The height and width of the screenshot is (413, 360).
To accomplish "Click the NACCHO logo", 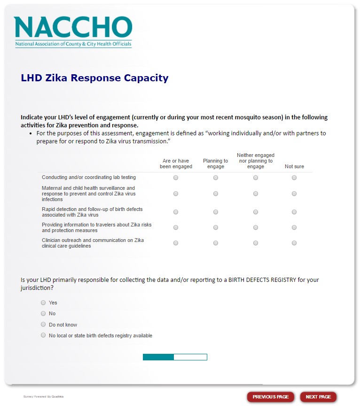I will coord(73,31).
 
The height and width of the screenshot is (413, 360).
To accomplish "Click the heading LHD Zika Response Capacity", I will coord(94,78).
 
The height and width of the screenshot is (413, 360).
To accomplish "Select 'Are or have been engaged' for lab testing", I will coord(176,178).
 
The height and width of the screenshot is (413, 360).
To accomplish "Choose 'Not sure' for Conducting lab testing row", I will coord(294,178).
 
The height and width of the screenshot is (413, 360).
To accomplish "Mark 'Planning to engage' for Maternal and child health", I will coord(216,194).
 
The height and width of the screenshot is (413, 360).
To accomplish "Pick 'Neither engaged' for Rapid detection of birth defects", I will coord(256,212).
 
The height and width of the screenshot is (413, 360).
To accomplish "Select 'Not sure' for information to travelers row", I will coord(294,227).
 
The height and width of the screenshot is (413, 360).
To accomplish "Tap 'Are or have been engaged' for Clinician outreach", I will coord(176,243).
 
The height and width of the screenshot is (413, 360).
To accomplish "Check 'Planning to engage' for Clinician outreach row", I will coord(216,243).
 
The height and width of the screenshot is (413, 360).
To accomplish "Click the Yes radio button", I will coord(43,303).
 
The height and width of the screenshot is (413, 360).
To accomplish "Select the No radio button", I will coord(43,313).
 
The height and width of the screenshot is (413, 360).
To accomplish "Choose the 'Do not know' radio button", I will coord(43,325).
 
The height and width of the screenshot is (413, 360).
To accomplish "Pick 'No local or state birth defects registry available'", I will coord(43,335).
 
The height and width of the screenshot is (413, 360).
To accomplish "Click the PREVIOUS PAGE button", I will coord(271,397).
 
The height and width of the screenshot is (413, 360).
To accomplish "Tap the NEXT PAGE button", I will coord(318,397).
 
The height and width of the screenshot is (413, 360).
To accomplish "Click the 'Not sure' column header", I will coord(294,166).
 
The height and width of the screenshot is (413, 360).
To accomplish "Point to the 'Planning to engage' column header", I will coord(216,164).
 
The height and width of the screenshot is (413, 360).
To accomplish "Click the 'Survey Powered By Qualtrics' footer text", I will coord(43,397).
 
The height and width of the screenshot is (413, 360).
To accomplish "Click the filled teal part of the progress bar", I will coord(158,357).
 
